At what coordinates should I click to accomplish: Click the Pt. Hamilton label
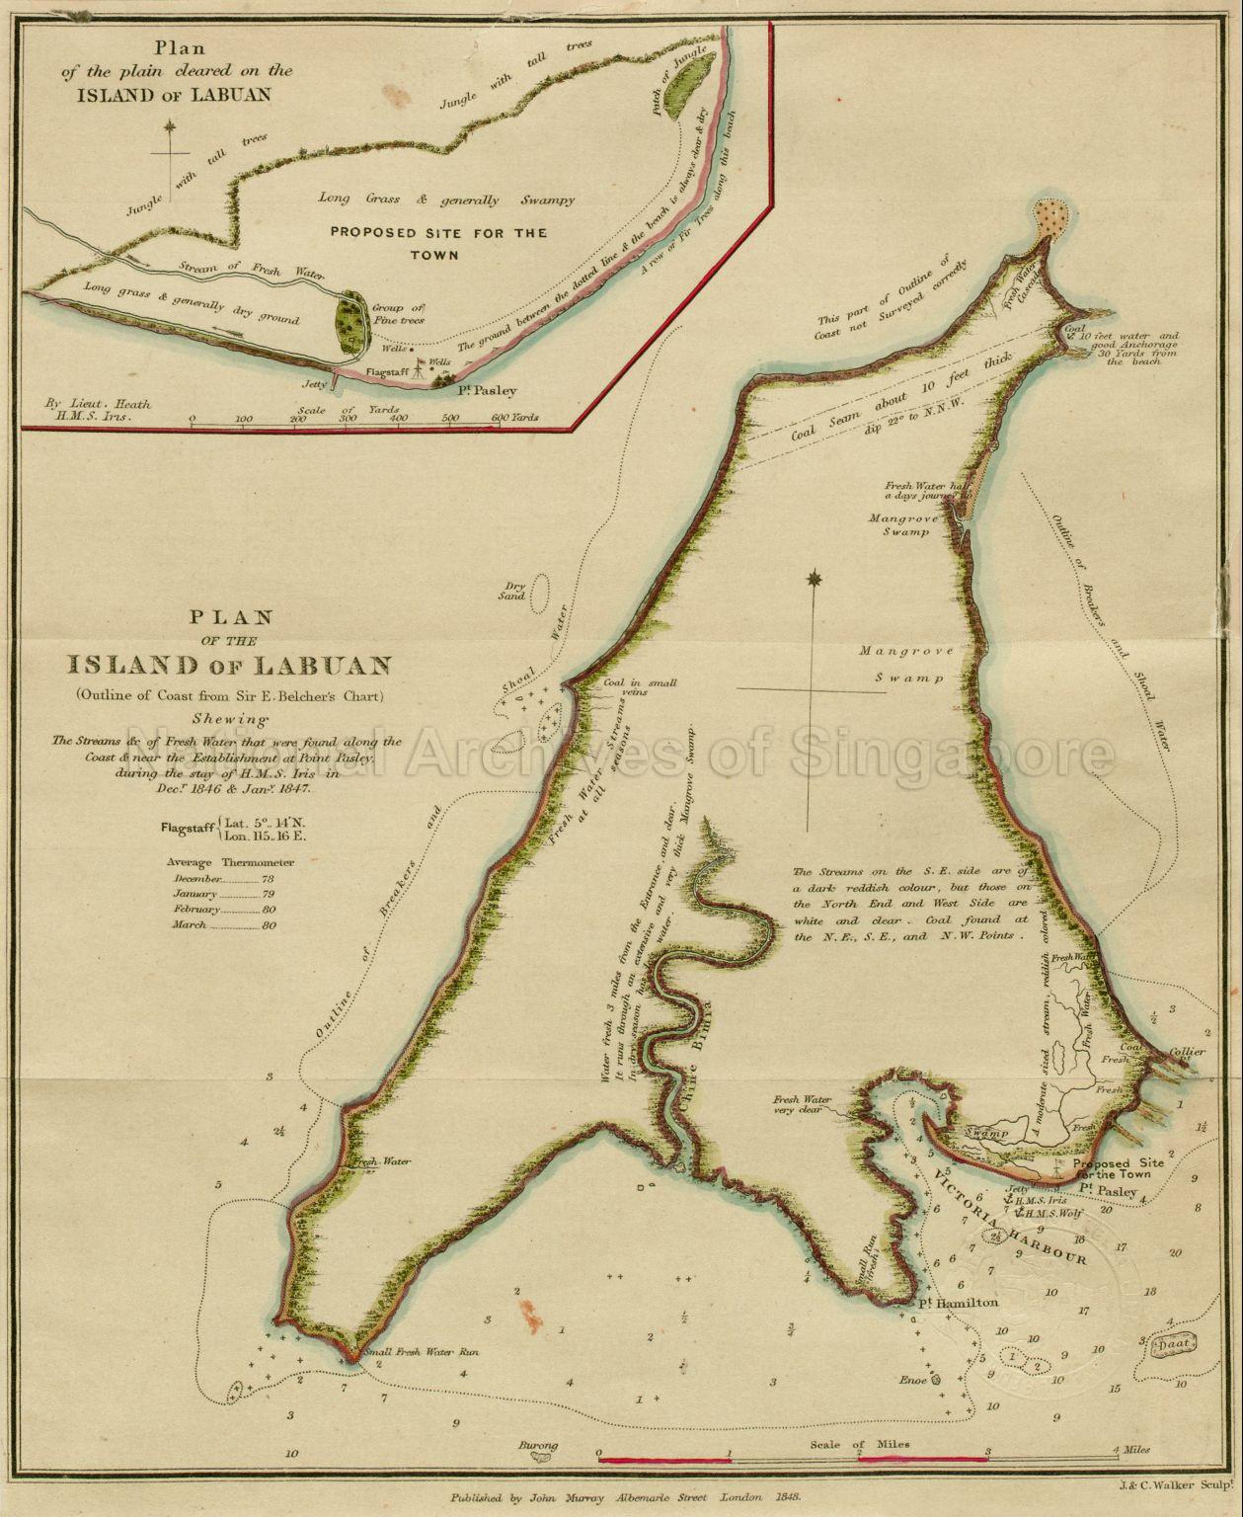[957, 1303]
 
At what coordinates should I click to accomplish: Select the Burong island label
[538, 1445]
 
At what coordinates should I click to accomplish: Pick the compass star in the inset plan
[170, 126]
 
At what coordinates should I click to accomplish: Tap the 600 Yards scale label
[514, 418]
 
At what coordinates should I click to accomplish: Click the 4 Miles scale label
[1129, 1450]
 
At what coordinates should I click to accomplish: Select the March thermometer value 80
[269, 925]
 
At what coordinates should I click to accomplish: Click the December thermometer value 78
[268, 878]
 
